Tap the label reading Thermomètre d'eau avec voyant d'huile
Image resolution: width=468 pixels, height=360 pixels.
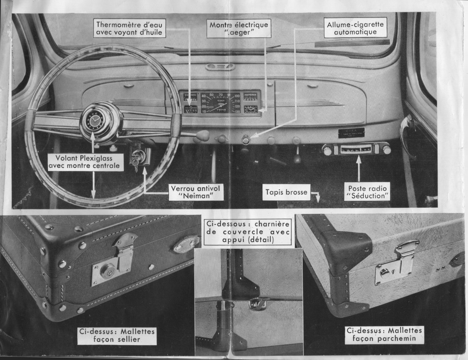coord(129,28)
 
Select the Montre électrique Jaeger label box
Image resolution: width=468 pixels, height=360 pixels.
coord(239,28)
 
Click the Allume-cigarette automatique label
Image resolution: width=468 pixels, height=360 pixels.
coord(355,28)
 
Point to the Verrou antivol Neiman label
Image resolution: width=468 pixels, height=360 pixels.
coord(196,192)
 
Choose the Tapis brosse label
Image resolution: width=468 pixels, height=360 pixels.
coord(286,192)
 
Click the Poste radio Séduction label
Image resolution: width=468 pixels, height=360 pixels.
coord(367,192)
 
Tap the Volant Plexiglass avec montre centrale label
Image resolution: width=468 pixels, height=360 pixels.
coord(85,162)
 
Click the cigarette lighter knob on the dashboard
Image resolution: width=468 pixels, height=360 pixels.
coord(245,140)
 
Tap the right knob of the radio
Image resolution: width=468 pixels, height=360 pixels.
coord(386,150)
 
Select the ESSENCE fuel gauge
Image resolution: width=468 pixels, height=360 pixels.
coord(190,97)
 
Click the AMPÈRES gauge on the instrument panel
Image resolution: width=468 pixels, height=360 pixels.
coord(250,97)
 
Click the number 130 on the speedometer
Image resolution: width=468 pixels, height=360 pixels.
coord(237,111)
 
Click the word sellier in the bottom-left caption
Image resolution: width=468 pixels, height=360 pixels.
coord(128,339)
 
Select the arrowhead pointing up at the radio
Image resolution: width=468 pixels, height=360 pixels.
coord(358,159)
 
